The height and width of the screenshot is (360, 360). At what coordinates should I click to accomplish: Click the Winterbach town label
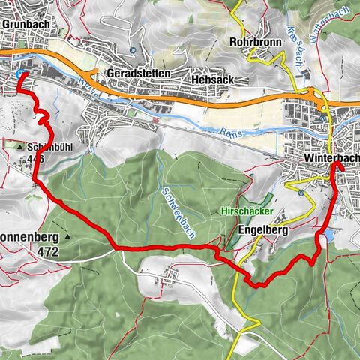[x=332, y=159]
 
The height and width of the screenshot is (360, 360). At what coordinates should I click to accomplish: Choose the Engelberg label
[x=263, y=230]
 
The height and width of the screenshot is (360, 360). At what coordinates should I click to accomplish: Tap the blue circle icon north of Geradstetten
[x=131, y=51]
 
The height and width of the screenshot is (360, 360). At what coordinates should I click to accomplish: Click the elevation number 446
[x=34, y=158]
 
